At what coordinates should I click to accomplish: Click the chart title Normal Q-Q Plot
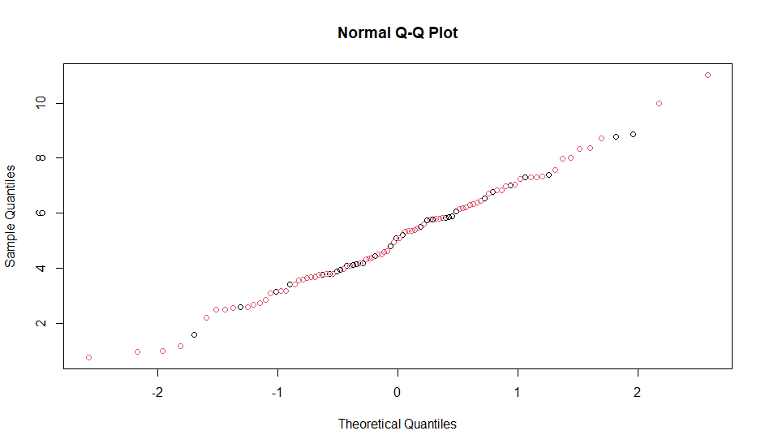pos(398,33)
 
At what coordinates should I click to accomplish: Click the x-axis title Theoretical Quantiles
pos(398,424)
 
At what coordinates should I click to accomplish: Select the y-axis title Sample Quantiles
pos(11,216)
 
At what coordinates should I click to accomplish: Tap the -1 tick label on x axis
pos(277,393)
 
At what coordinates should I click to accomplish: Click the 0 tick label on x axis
pos(398,393)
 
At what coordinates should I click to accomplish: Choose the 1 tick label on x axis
pos(518,393)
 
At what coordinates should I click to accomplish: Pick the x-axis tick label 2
pos(638,393)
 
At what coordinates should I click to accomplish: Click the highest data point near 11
pos(707,75)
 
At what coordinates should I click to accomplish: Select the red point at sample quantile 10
pos(659,103)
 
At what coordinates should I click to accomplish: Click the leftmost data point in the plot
pos(88,357)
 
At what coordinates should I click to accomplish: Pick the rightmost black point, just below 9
pos(633,134)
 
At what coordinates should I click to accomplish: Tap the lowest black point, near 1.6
pos(194,334)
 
